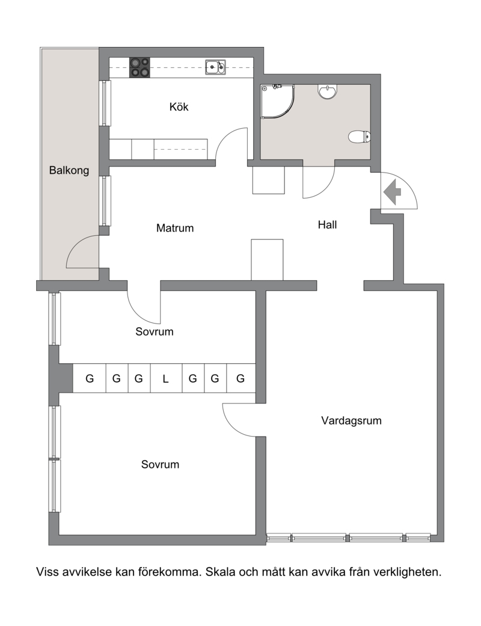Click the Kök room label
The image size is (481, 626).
[179, 106]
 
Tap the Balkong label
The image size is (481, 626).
[69, 170]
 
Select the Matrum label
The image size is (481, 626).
[175, 228]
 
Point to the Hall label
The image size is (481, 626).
[327, 225]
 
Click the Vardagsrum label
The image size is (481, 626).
[351, 420]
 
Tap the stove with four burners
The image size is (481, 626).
[139, 67]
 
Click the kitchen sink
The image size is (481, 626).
[216, 67]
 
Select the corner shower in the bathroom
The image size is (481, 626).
[277, 101]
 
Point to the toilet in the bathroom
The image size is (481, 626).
[360, 137]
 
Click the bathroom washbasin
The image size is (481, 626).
[328, 91]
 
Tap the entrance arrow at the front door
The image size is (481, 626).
[393, 192]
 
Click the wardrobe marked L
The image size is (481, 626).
[166, 378]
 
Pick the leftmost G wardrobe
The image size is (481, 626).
[90, 378]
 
